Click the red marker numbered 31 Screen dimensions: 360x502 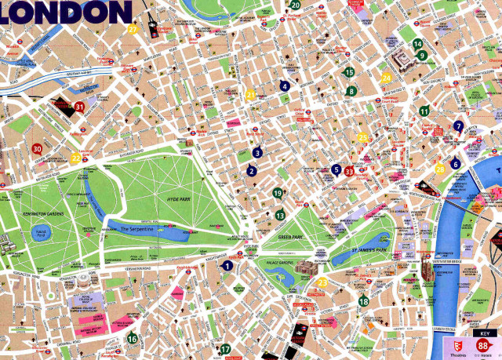point(78,107)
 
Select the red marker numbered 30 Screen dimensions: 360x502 point(36,148)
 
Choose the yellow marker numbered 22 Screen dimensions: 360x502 point(75,158)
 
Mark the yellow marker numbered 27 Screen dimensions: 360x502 point(133,30)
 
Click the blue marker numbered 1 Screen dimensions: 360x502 point(227,266)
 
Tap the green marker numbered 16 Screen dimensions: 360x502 point(132,339)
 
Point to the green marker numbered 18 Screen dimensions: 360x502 point(363,300)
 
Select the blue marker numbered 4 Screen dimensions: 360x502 point(285,86)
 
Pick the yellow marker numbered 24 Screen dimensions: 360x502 point(386,78)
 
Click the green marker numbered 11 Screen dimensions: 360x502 point(424,111)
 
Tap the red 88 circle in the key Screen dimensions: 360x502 point(483,347)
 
